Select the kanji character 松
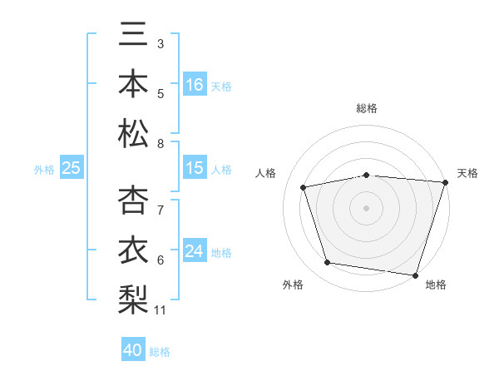coord(133,133)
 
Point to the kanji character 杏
coord(133,200)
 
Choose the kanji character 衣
coord(133,250)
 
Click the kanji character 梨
coord(133,298)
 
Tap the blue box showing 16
coord(195,84)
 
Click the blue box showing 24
coord(195,252)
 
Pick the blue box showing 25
coord(71,169)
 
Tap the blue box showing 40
coord(133,350)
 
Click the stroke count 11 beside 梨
coord(161,310)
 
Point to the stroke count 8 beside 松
coord(161,144)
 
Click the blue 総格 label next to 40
coord(161,352)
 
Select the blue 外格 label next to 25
coord(44,170)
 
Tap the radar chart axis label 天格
coord(468,173)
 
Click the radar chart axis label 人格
coord(267,173)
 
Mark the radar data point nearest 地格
coord(415,275)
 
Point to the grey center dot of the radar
coord(366,207)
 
